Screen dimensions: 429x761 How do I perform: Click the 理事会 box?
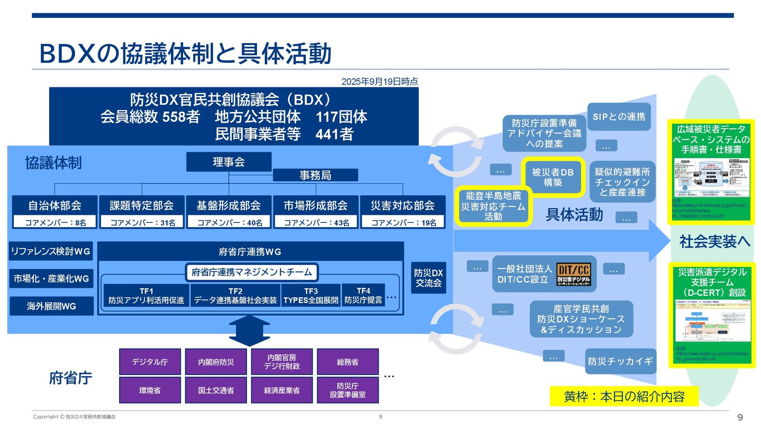(x=229, y=162)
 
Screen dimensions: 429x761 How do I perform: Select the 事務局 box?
(x=315, y=175)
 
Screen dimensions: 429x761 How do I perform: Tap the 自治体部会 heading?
(x=55, y=205)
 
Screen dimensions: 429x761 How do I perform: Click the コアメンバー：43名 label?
(x=316, y=222)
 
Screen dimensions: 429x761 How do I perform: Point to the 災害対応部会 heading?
(x=402, y=205)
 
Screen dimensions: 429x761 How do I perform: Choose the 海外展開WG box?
(x=52, y=306)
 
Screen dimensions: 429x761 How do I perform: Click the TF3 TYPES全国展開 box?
(x=311, y=296)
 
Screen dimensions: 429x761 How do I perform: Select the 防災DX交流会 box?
(x=428, y=278)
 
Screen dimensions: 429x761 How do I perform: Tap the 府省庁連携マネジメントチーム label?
(x=252, y=272)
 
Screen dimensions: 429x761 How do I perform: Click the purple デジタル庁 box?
(x=150, y=362)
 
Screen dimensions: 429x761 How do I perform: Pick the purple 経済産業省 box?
(x=282, y=390)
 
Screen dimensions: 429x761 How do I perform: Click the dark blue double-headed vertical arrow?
(x=249, y=331)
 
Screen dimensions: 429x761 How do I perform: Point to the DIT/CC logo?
(x=574, y=274)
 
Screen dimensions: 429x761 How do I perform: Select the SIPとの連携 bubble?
(x=619, y=117)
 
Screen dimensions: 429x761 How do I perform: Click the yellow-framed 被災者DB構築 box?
(x=553, y=177)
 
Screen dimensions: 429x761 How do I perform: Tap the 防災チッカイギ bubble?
(x=620, y=361)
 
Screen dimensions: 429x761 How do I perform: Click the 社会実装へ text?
(x=715, y=241)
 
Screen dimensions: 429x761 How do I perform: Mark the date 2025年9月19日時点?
(x=379, y=82)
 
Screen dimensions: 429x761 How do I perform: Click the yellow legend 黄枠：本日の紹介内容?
(x=624, y=396)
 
